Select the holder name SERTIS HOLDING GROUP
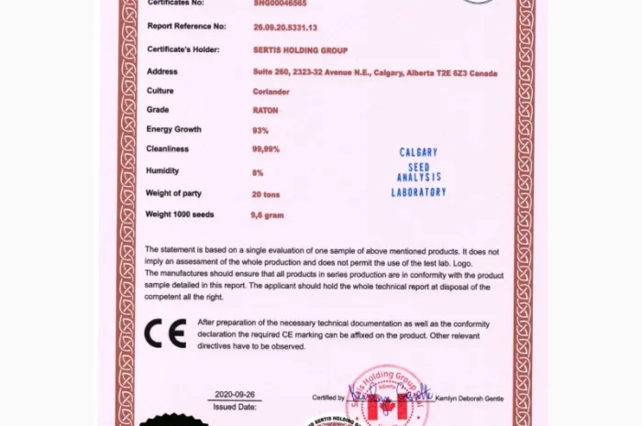click(300, 49)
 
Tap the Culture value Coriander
click(271, 91)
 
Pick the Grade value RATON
click(265, 110)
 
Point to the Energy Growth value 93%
click(260, 130)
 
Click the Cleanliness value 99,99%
click(266, 148)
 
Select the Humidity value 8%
click(258, 172)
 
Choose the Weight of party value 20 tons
click(267, 194)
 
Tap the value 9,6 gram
click(268, 214)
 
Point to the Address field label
click(161, 71)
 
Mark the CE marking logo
click(165, 333)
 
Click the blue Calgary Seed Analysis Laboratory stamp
click(418, 172)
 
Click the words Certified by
click(328, 398)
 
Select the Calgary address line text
click(375, 71)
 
